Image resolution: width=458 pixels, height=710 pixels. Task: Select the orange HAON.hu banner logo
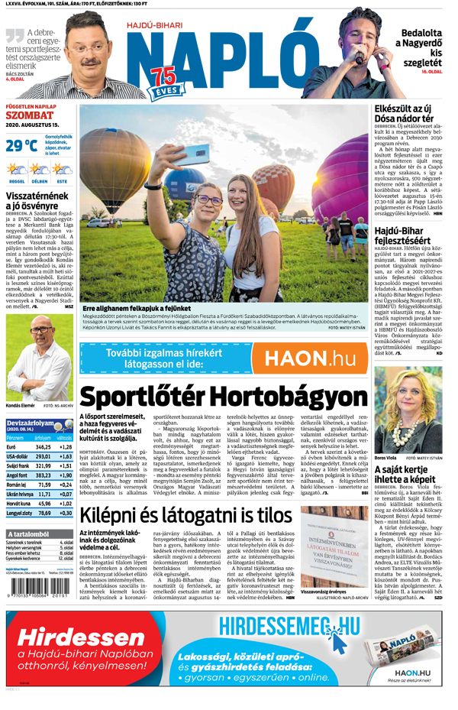(309, 358)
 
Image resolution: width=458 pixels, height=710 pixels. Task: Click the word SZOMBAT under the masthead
(28, 115)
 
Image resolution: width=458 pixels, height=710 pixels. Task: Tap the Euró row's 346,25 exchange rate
(42, 447)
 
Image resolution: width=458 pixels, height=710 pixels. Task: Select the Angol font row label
(17, 475)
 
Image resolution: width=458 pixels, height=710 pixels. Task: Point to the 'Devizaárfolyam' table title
(31, 423)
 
